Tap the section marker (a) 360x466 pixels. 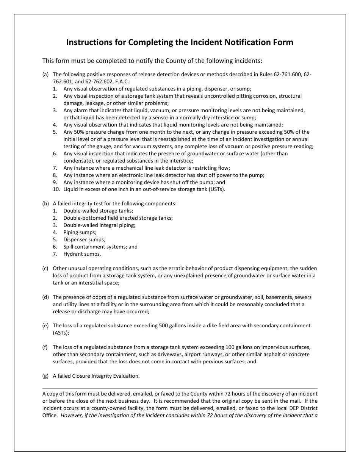pyautogui.click(x=45, y=75)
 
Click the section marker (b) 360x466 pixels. pyautogui.click(x=45, y=203)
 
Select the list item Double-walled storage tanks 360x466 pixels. pyautogui.click(x=98, y=211)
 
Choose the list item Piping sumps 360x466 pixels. pyautogui.click(x=80, y=232)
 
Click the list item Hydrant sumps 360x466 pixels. pyautogui.click(x=82, y=254)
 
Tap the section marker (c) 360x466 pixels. pyautogui.click(x=45, y=268)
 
